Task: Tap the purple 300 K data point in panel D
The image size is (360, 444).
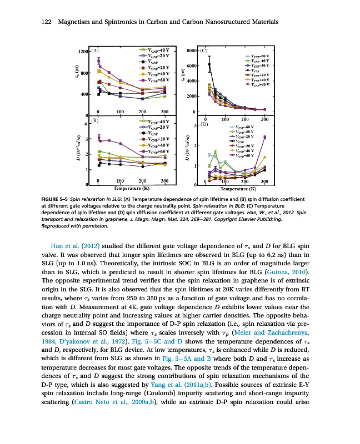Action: coord(264,137)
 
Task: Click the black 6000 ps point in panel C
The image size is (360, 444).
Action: coord(209,65)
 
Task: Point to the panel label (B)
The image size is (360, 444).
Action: coord(95,120)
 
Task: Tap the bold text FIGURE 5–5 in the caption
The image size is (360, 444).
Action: coord(57,199)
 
